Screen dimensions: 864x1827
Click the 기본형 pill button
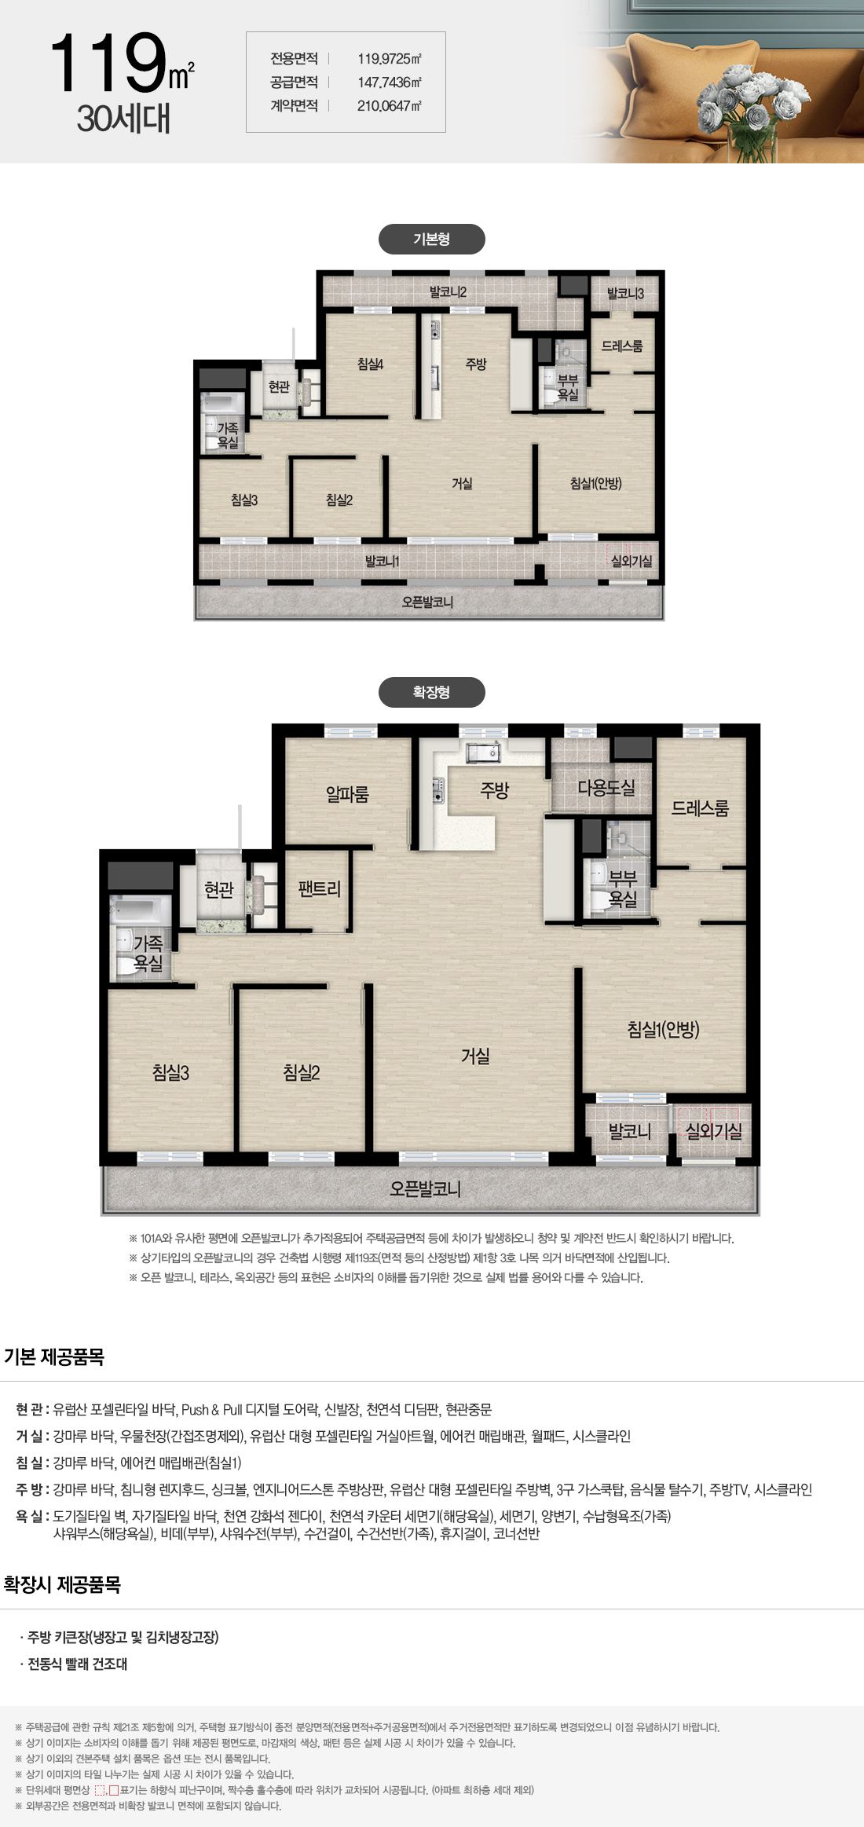(x=431, y=240)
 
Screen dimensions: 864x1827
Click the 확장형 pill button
(x=431, y=692)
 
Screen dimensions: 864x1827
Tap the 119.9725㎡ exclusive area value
(x=390, y=59)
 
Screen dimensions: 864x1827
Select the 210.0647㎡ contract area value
(x=390, y=106)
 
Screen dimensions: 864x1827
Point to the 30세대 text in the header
(x=123, y=119)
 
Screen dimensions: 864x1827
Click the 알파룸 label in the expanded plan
(x=347, y=794)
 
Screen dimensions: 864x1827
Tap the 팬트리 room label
(x=320, y=889)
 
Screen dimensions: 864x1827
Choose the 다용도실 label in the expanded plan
(x=606, y=787)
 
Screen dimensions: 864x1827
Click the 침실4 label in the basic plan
(x=370, y=364)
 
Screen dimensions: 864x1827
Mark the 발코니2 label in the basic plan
(x=448, y=292)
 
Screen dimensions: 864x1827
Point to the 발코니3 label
(x=625, y=294)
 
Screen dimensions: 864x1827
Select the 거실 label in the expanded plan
(x=475, y=1056)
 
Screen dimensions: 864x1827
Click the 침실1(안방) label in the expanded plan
(x=664, y=1029)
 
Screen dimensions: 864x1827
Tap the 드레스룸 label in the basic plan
(x=622, y=346)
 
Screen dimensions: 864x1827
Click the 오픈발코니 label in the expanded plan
(x=425, y=1188)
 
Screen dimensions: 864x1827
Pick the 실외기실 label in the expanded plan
(x=714, y=1131)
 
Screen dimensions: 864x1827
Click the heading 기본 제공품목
(x=54, y=1357)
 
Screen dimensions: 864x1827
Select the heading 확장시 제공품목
(x=62, y=1584)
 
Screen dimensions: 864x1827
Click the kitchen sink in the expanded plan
(x=483, y=752)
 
